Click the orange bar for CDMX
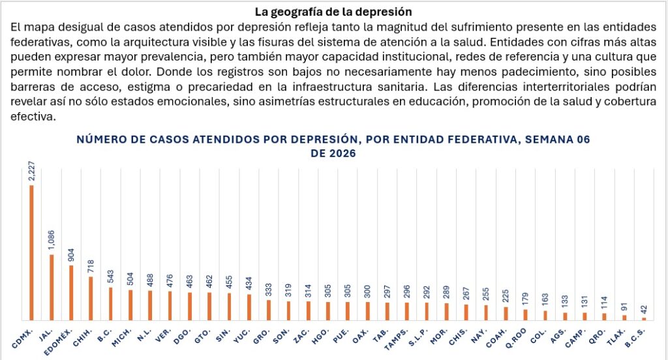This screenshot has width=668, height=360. (x=31, y=252)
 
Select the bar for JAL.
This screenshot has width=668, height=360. (x=52, y=287)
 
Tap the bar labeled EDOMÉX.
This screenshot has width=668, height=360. (x=71, y=292)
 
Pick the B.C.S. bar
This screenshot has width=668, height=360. (x=644, y=318)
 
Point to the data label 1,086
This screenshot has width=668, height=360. (x=52, y=240)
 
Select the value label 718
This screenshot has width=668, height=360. (x=91, y=265)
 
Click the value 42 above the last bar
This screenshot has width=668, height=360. (x=644, y=308)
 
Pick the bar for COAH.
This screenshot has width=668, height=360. (x=506, y=313)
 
